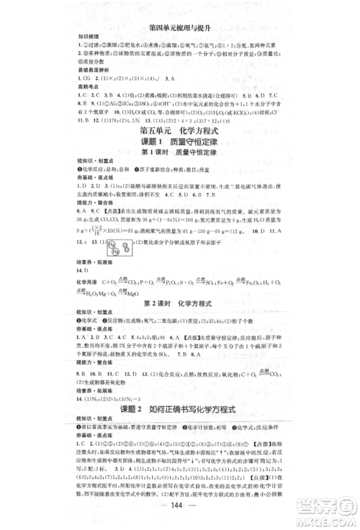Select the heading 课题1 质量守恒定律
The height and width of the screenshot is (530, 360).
coord(179,123)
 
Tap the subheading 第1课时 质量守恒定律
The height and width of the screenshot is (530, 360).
coord(179,136)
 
